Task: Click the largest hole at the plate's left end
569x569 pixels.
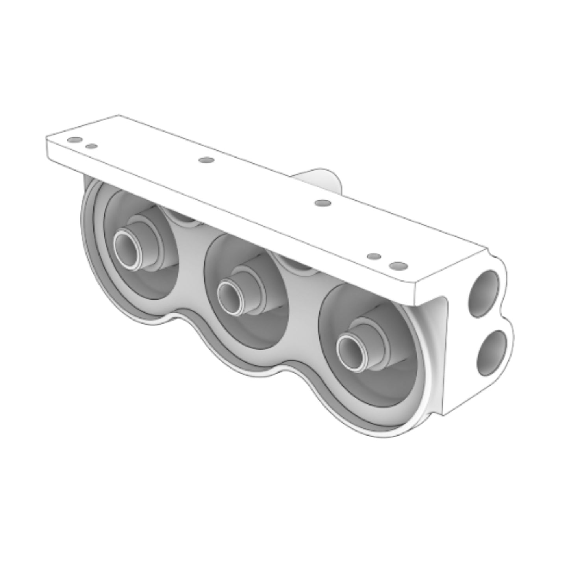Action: pyautogui.click(x=74, y=140)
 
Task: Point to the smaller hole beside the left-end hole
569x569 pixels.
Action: pyautogui.click(x=91, y=146)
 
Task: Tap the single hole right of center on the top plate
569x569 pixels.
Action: pyautogui.click(x=323, y=203)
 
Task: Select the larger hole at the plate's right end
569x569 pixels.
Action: pyautogui.click(x=399, y=266)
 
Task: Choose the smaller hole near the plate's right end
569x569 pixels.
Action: pyautogui.click(x=374, y=257)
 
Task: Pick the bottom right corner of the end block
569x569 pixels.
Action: pyautogui.click(x=444, y=414)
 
